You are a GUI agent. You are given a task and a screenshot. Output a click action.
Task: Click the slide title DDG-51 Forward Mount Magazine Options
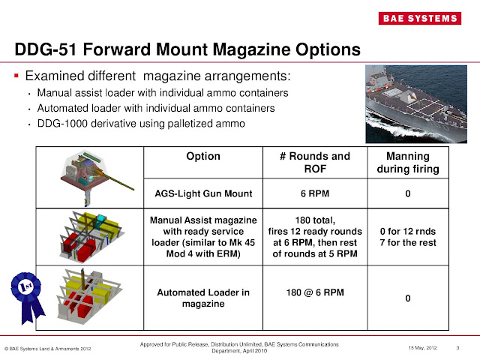click(187, 51)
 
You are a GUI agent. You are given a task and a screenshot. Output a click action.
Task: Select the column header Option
click(202, 157)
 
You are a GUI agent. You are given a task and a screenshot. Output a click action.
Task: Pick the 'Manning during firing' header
click(406, 163)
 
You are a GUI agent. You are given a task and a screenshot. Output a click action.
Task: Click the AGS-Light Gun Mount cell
click(202, 193)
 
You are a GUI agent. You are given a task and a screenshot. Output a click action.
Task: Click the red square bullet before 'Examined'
click(17, 77)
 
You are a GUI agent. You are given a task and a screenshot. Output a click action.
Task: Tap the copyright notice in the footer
click(49, 348)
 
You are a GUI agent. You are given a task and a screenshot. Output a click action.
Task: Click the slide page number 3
click(457, 346)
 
